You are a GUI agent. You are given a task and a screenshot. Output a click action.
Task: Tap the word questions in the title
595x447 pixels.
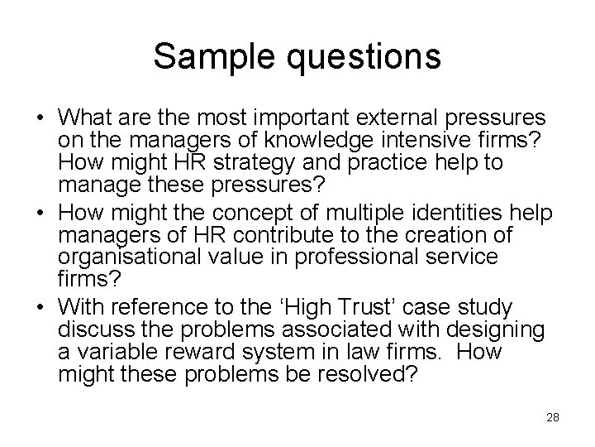360,57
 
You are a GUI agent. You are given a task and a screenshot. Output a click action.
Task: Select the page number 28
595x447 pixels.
552,416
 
